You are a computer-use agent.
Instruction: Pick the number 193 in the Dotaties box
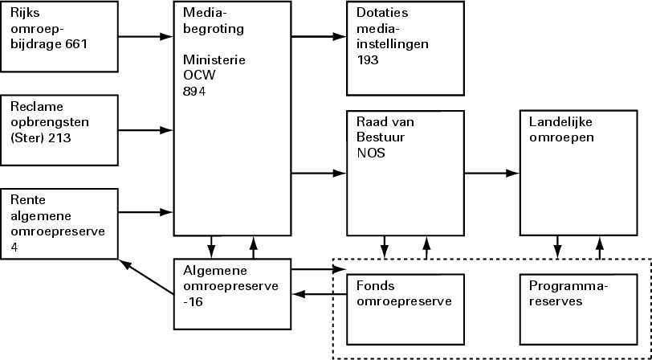(368, 60)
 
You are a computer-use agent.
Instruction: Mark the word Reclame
(37, 107)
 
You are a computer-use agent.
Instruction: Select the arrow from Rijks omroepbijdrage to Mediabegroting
(146, 36)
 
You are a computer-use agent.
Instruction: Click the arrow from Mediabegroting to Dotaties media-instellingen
(317, 36)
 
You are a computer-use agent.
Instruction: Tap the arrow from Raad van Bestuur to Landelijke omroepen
(491, 173)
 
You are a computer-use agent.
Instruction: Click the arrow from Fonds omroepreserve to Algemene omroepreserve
(319, 295)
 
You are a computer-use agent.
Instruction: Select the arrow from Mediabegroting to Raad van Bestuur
(317, 173)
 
